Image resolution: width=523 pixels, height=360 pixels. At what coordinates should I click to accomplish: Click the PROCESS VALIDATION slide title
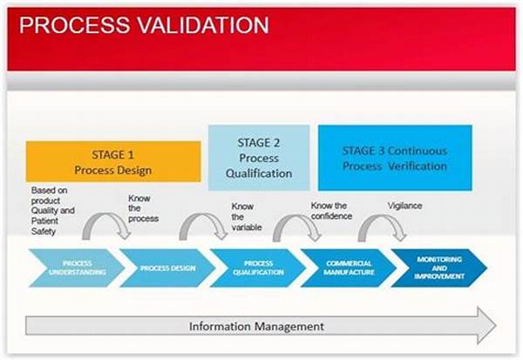(144, 25)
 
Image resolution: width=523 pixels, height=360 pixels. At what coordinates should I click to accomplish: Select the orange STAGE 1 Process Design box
(113, 161)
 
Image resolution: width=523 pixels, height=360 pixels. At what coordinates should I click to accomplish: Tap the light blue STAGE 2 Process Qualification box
(259, 158)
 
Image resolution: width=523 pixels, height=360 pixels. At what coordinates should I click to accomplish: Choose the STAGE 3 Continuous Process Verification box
(395, 158)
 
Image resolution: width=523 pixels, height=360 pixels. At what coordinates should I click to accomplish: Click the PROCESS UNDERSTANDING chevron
(77, 268)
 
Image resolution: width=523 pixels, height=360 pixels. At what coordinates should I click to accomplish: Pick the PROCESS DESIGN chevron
(167, 268)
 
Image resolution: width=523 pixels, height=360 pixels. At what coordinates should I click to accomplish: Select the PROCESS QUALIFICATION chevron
(258, 268)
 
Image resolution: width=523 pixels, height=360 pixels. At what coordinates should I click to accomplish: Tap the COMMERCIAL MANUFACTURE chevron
(349, 268)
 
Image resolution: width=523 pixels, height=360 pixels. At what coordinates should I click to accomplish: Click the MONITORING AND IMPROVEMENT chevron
(439, 268)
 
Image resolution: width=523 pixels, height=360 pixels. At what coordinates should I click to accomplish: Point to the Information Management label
(256, 326)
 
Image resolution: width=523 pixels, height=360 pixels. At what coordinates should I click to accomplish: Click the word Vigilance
(404, 206)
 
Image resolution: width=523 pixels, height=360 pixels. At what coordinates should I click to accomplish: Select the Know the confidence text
(331, 211)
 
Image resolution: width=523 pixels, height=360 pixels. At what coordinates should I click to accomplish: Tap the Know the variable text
(247, 217)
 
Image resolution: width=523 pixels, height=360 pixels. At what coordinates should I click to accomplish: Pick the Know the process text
(144, 208)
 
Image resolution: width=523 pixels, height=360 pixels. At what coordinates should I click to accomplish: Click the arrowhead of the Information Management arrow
(487, 325)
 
